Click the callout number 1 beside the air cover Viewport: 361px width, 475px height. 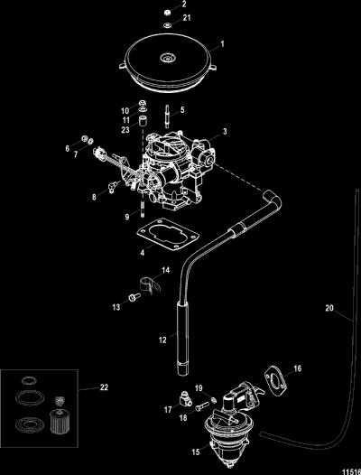(222, 44)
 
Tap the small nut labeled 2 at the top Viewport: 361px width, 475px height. (167, 13)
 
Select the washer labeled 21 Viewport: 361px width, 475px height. (167, 25)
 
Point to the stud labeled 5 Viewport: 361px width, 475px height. (167, 116)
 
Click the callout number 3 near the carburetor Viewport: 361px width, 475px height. (225, 131)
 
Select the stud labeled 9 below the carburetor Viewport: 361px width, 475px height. (142, 208)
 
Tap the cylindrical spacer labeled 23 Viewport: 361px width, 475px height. (143, 122)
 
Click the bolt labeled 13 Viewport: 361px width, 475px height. (134, 297)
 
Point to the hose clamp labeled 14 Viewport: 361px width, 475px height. (150, 284)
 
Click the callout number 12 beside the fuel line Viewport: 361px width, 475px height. (162, 340)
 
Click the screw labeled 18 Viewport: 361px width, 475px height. (202, 405)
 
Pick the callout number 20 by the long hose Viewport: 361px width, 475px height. (329, 308)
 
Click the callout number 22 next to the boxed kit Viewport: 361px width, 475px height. (104, 387)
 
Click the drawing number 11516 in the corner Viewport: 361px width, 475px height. (351, 471)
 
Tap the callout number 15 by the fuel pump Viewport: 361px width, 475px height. (196, 452)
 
